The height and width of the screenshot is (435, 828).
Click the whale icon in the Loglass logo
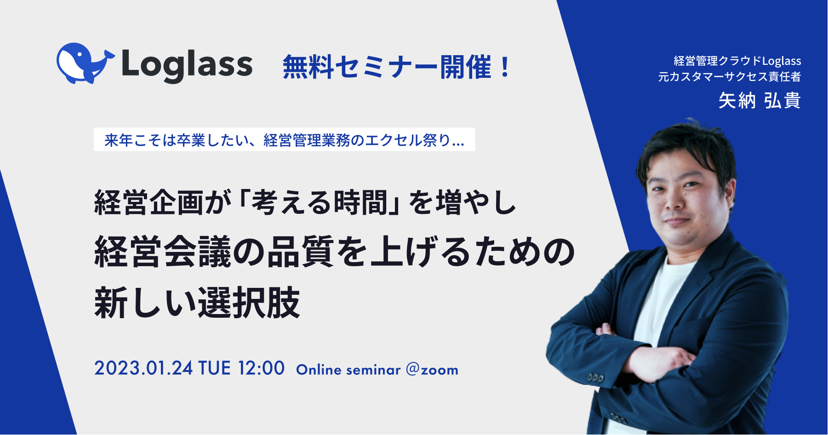(x=85, y=63)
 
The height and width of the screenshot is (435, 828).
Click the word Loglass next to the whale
(x=187, y=66)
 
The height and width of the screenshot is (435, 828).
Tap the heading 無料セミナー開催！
(x=396, y=67)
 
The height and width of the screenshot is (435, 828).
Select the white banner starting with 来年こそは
(x=284, y=139)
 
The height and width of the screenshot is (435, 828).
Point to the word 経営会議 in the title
(x=163, y=252)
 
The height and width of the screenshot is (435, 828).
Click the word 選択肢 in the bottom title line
(x=249, y=303)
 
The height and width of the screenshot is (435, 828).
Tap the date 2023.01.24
(x=143, y=368)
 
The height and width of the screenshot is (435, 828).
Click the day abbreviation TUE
(x=214, y=368)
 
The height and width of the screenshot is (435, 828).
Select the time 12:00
(x=261, y=368)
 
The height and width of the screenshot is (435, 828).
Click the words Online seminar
(x=348, y=370)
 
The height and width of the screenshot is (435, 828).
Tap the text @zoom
(x=432, y=370)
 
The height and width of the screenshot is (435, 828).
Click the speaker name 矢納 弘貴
(x=759, y=101)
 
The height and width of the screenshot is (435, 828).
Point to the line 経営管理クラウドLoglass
(x=737, y=61)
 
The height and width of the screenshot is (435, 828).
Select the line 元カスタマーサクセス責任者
(x=730, y=76)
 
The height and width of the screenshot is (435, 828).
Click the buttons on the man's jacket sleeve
(x=596, y=378)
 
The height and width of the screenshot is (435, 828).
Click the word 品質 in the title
(x=301, y=252)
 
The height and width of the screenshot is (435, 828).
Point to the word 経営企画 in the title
(x=149, y=203)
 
